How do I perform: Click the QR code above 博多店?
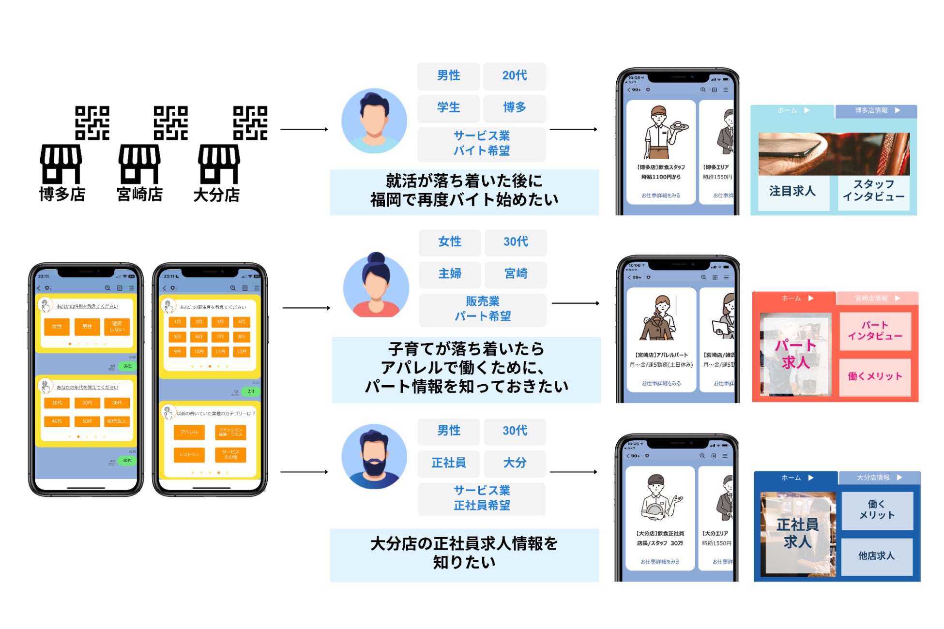click(92, 123)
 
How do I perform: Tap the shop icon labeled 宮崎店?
click(139, 164)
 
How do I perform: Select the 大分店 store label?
click(216, 195)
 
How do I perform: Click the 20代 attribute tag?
click(514, 76)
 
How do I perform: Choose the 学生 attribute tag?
click(448, 107)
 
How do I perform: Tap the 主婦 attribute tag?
click(450, 274)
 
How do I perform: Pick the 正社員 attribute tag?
click(449, 463)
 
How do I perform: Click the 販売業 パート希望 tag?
click(483, 309)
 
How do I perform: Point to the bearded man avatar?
click(374, 457)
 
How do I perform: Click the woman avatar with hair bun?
click(376, 285)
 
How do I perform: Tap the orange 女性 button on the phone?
click(57, 327)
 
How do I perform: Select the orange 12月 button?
click(242, 352)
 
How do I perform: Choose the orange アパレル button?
click(189, 432)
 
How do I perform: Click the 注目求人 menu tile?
click(792, 192)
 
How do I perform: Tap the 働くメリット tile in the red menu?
click(875, 376)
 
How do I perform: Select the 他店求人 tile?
click(876, 556)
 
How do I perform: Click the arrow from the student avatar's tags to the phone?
click(573, 130)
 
